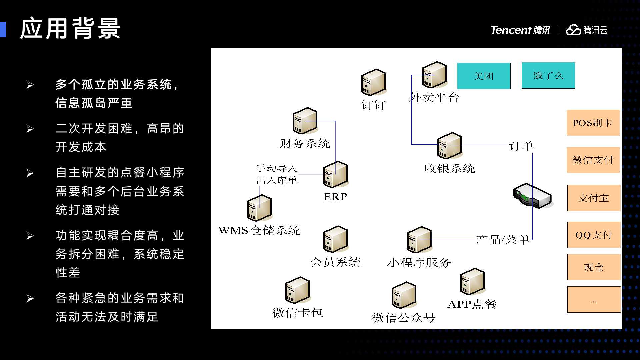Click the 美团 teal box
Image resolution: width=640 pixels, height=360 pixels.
pos(483,76)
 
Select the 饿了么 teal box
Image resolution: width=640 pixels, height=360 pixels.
pos(548,76)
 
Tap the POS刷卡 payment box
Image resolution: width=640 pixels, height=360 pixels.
pos(593,123)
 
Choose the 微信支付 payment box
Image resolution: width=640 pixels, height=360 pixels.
pos(593,160)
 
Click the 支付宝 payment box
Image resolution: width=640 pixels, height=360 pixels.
pos(594,198)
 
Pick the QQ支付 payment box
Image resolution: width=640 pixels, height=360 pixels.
pos(594,235)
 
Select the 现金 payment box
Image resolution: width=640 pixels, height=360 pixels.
pos(594,267)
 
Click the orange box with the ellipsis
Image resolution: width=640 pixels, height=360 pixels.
pos(594,299)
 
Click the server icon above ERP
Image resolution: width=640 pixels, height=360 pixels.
pos(335,174)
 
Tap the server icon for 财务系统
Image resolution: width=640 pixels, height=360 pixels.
pos(305,121)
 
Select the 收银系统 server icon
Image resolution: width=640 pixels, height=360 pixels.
pos(449,146)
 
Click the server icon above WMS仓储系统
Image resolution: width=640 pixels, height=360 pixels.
pos(259,208)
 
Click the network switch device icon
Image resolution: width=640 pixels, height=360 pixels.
pos(532,196)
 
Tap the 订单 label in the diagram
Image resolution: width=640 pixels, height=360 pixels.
pos(521,146)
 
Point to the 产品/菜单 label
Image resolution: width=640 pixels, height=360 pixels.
pos(502,240)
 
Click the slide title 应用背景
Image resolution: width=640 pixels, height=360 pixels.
pos(70,29)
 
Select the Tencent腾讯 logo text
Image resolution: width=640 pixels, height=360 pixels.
pos(520,30)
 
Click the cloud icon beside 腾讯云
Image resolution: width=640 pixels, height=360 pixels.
pos(573,30)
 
